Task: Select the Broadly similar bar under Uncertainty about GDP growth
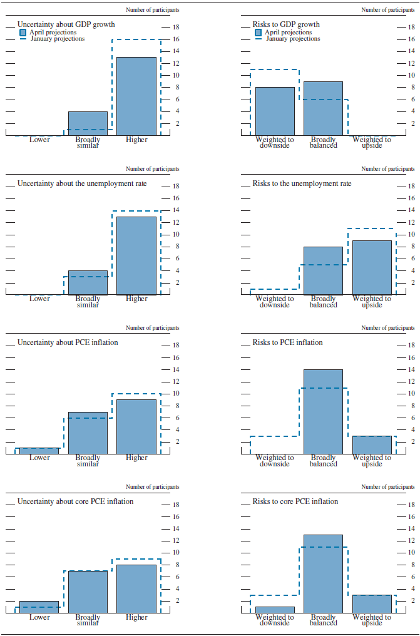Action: coord(88,123)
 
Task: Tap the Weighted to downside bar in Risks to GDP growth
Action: coord(275,111)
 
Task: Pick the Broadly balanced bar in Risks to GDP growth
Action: coord(323,108)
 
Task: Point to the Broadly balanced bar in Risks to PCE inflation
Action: coord(323,411)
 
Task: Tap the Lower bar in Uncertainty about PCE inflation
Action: coord(39,451)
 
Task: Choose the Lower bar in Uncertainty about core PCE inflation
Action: coord(39,607)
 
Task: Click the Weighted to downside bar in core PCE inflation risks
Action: coord(275,610)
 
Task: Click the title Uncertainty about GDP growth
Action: coord(66,25)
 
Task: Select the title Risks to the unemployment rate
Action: coord(302,183)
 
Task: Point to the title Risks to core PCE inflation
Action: coord(295,501)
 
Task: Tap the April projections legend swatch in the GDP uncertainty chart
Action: coord(23,32)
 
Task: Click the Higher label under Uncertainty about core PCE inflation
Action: coord(136,617)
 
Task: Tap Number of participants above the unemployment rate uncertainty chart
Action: coord(152,169)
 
